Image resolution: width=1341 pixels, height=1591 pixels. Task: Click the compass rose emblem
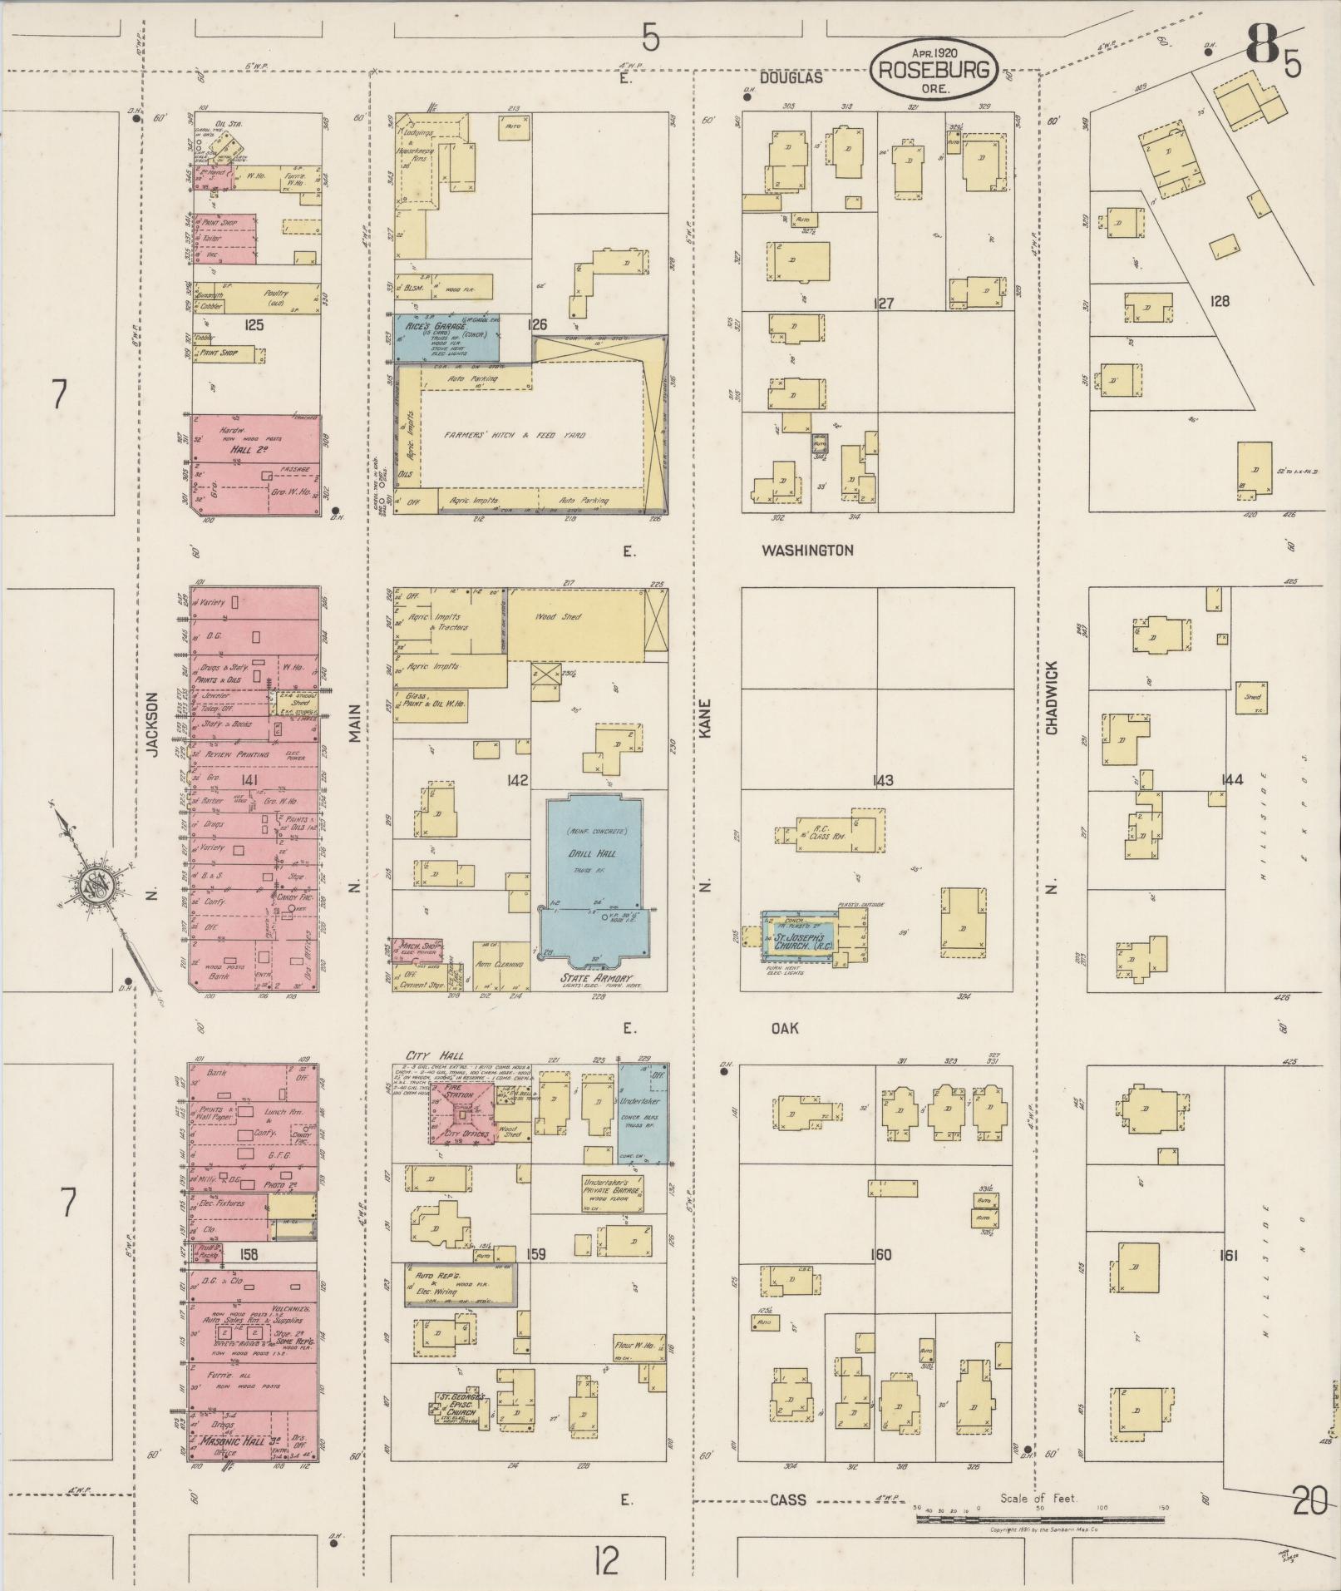(x=89, y=886)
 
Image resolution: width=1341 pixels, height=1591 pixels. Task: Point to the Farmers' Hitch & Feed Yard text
(x=514, y=435)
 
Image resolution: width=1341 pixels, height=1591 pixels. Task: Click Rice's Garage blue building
(x=445, y=337)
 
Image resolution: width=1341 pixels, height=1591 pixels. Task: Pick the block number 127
(x=883, y=304)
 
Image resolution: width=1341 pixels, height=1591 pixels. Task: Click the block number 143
(x=883, y=780)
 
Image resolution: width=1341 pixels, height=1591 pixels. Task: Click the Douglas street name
(x=801, y=77)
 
